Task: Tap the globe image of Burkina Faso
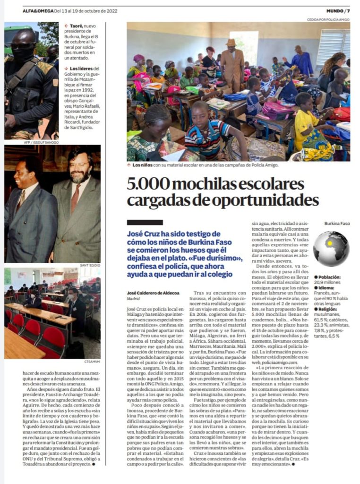pyautogui.click(x=331, y=249)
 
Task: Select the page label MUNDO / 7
pyautogui.click(x=338, y=11)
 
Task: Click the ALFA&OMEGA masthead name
pyautogui.click(x=38, y=11)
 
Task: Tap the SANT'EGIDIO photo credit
pyautogui.click(x=90, y=266)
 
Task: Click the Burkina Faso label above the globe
pyautogui.click(x=337, y=223)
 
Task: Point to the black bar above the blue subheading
pyautogui.click(x=145, y=222)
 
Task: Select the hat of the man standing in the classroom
pyautogui.click(x=231, y=42)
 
